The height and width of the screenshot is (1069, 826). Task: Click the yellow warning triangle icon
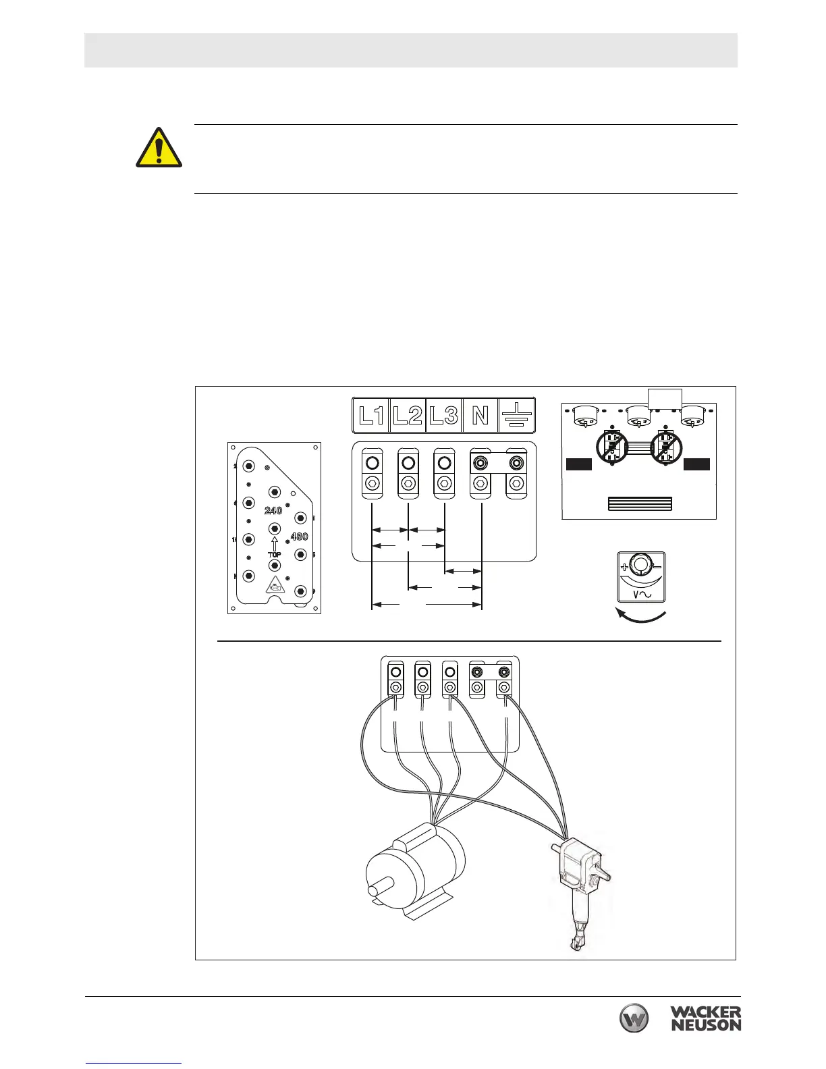159,148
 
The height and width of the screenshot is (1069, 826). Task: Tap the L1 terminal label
371,415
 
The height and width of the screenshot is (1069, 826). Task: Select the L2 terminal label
408,415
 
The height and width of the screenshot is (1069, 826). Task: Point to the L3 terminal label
444,415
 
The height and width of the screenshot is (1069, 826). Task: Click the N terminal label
480,415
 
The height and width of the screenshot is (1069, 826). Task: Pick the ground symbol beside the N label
516,414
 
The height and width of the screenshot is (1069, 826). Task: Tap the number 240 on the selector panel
273,511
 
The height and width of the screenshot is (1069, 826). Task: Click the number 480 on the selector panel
299,537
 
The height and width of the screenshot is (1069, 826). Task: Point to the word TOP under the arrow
274,555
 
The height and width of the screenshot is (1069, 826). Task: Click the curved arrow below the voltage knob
642,616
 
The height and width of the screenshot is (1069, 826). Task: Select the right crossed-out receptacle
666,447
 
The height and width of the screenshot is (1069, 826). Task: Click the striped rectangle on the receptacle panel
640,503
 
